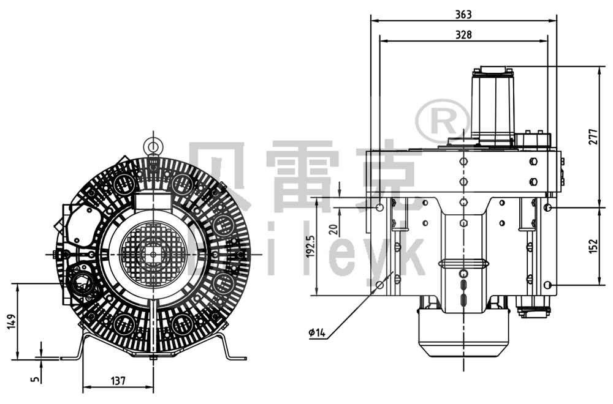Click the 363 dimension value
(463, 14)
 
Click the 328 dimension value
(463, 35)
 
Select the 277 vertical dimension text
(592, 137)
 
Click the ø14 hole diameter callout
(317, 333)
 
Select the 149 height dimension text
(10, 321)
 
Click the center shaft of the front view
(152, 253)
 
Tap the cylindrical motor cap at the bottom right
(463, 334)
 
